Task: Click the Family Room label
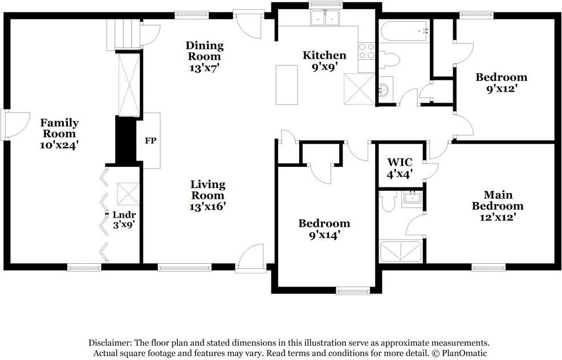[59, 128]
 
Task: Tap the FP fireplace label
[150, 141]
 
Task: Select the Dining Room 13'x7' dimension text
[204, 68]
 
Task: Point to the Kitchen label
[324, 55]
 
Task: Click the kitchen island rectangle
[287, 85]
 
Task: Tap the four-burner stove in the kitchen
[366, 51]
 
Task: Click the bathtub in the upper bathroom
[404, 31]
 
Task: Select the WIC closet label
[400, 162]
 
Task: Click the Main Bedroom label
[498, 201]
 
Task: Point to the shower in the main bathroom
[401, 251]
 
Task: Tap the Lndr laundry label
[124, 215]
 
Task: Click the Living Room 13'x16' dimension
[207, 207]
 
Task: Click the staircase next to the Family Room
[123, 34]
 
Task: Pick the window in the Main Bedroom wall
[488, 267]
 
